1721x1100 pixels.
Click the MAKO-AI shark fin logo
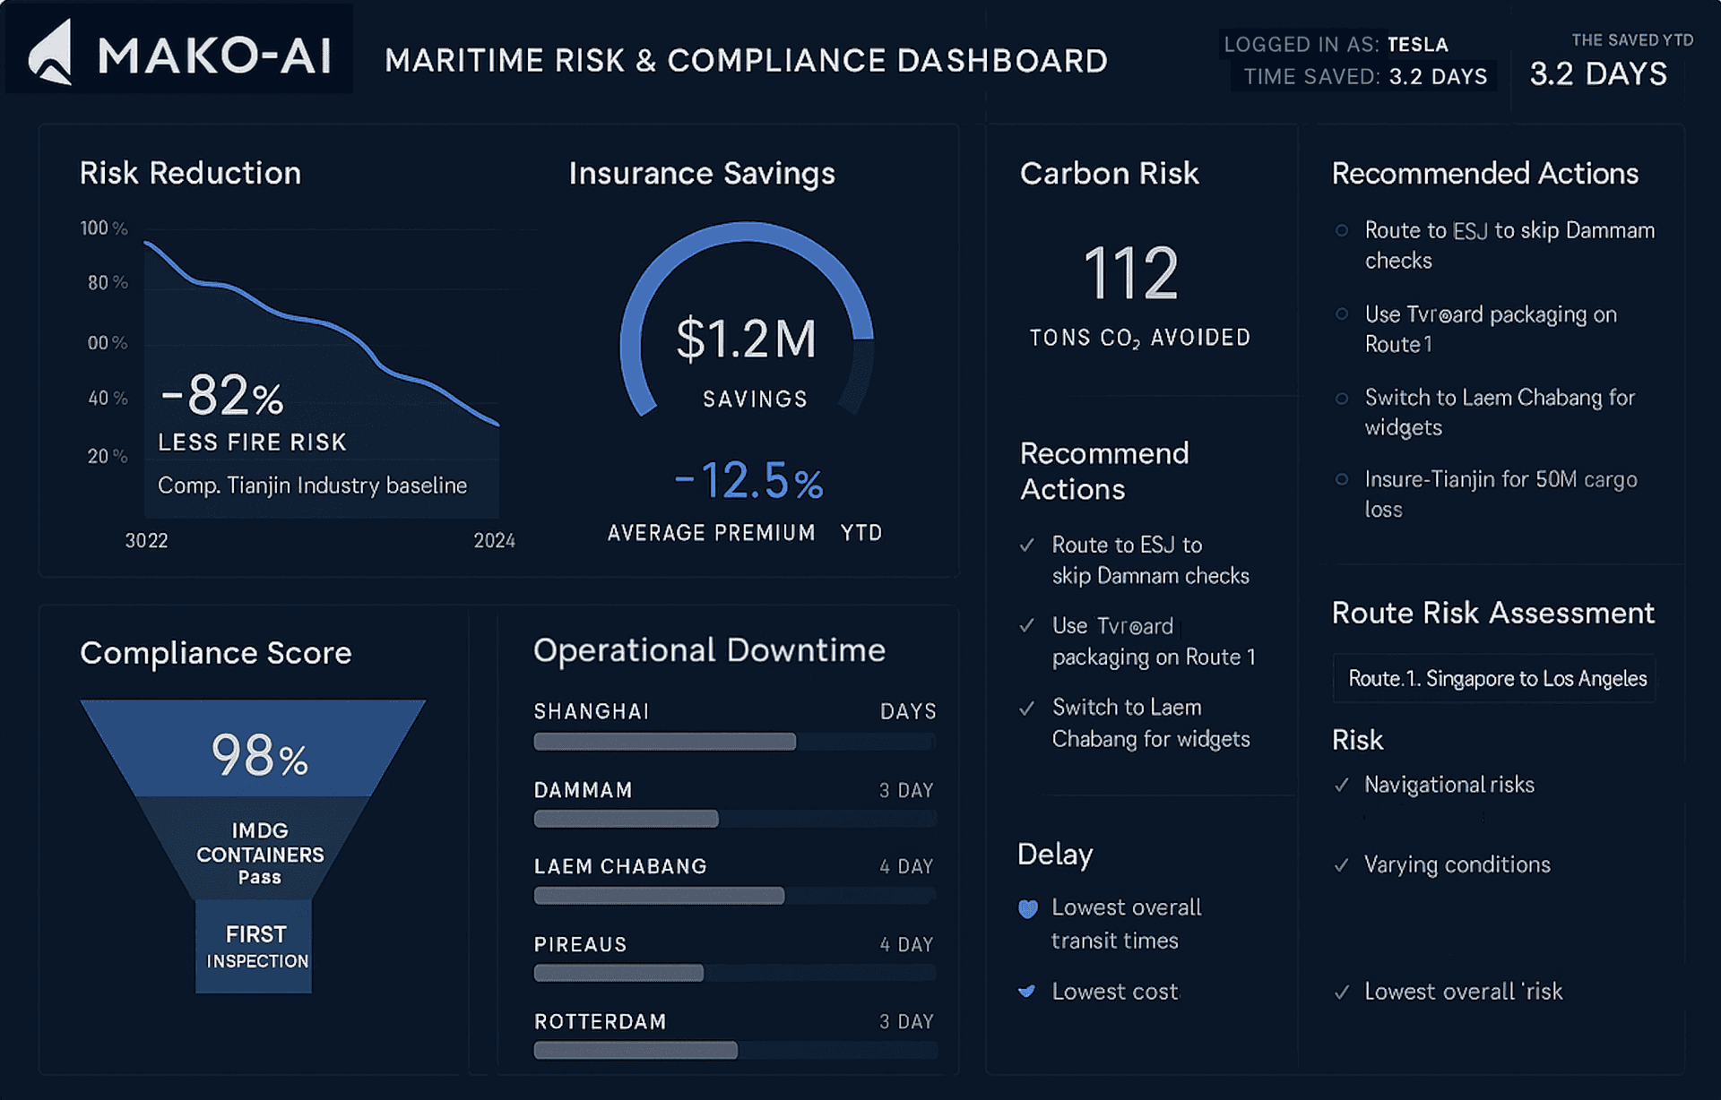tap(51, 54)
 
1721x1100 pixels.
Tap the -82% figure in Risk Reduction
tap(221, 395)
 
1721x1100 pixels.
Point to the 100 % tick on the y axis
tap(104, 228)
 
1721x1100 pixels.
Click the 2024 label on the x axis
tap(494, 540)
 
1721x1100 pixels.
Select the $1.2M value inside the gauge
tap(746, 339)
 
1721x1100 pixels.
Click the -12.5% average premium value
tap(749, 481)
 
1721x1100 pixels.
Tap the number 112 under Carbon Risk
tap(1130, 273)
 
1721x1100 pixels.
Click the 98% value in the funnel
tap(259, 755)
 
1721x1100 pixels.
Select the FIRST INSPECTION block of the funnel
tap(255, 946)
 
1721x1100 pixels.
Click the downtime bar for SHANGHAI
tap(664, 742)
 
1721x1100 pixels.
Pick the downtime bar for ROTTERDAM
tap(636, 1051)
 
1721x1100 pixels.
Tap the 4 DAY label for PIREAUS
tap(906, 944)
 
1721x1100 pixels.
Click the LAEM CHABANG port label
tap(620, 866)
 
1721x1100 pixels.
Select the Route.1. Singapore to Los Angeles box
tap(1494, 678)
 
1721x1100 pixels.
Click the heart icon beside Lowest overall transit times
tap(1028, 909)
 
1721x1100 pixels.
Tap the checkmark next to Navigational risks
tap(1342, 786)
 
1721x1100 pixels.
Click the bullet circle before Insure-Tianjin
tap(1342, 479)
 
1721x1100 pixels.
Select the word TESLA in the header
tap(1417, 45)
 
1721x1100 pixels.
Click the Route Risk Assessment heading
tap(1492, 613)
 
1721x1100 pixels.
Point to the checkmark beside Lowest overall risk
tap(1342, 992)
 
